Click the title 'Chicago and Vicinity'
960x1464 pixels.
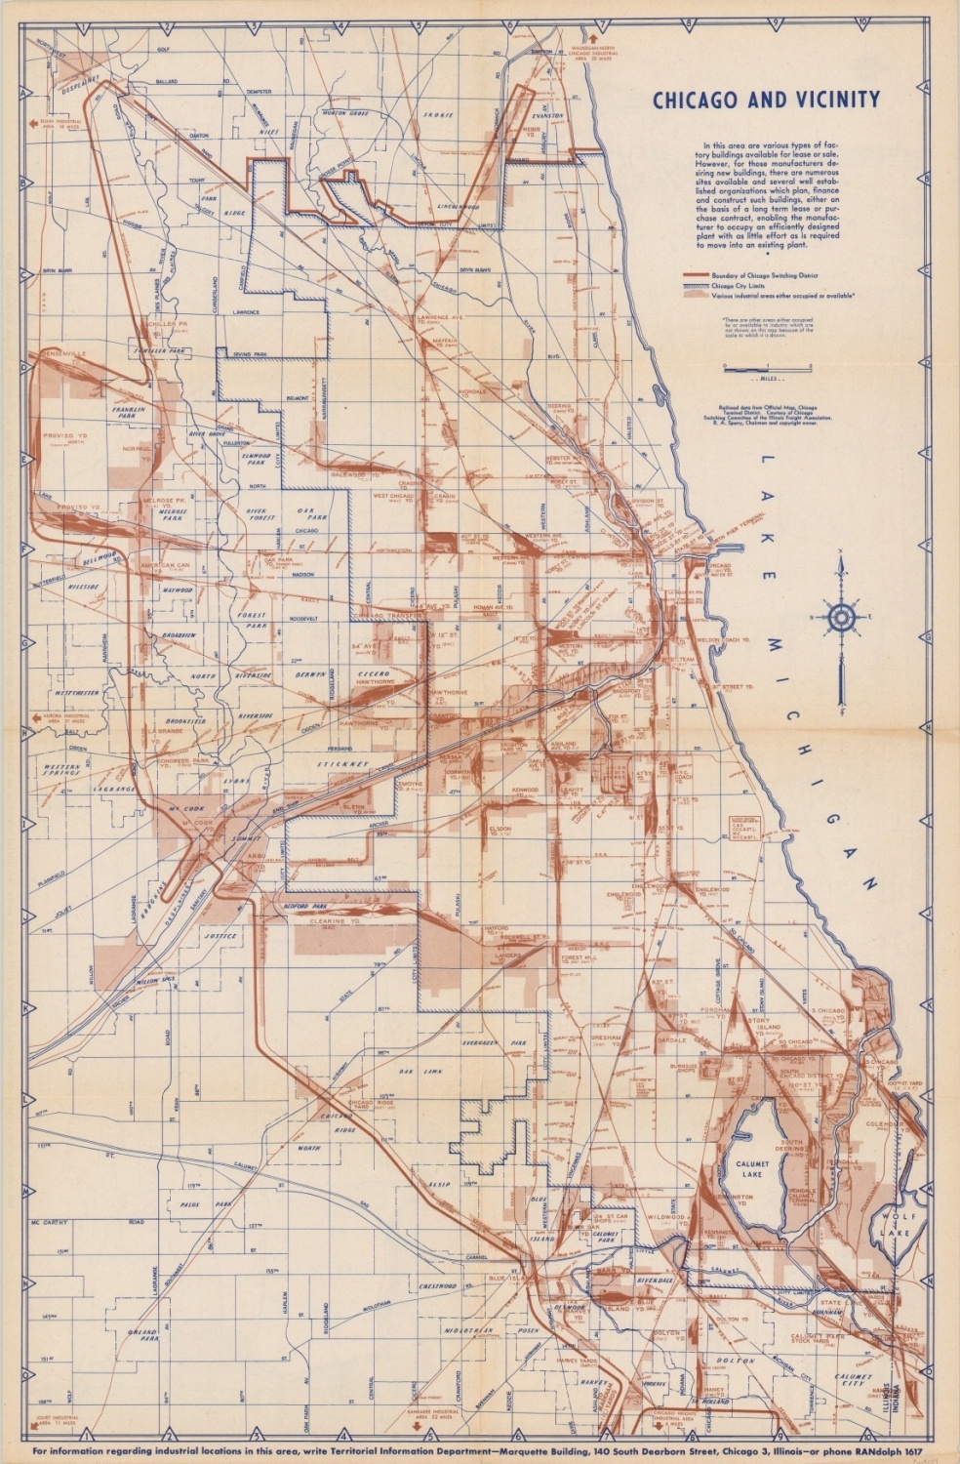766,100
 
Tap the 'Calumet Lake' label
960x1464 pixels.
753,1168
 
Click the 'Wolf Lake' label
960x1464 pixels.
896,1224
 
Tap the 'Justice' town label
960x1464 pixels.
220,936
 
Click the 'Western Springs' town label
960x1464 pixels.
63,772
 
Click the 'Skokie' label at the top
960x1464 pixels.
438,115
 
